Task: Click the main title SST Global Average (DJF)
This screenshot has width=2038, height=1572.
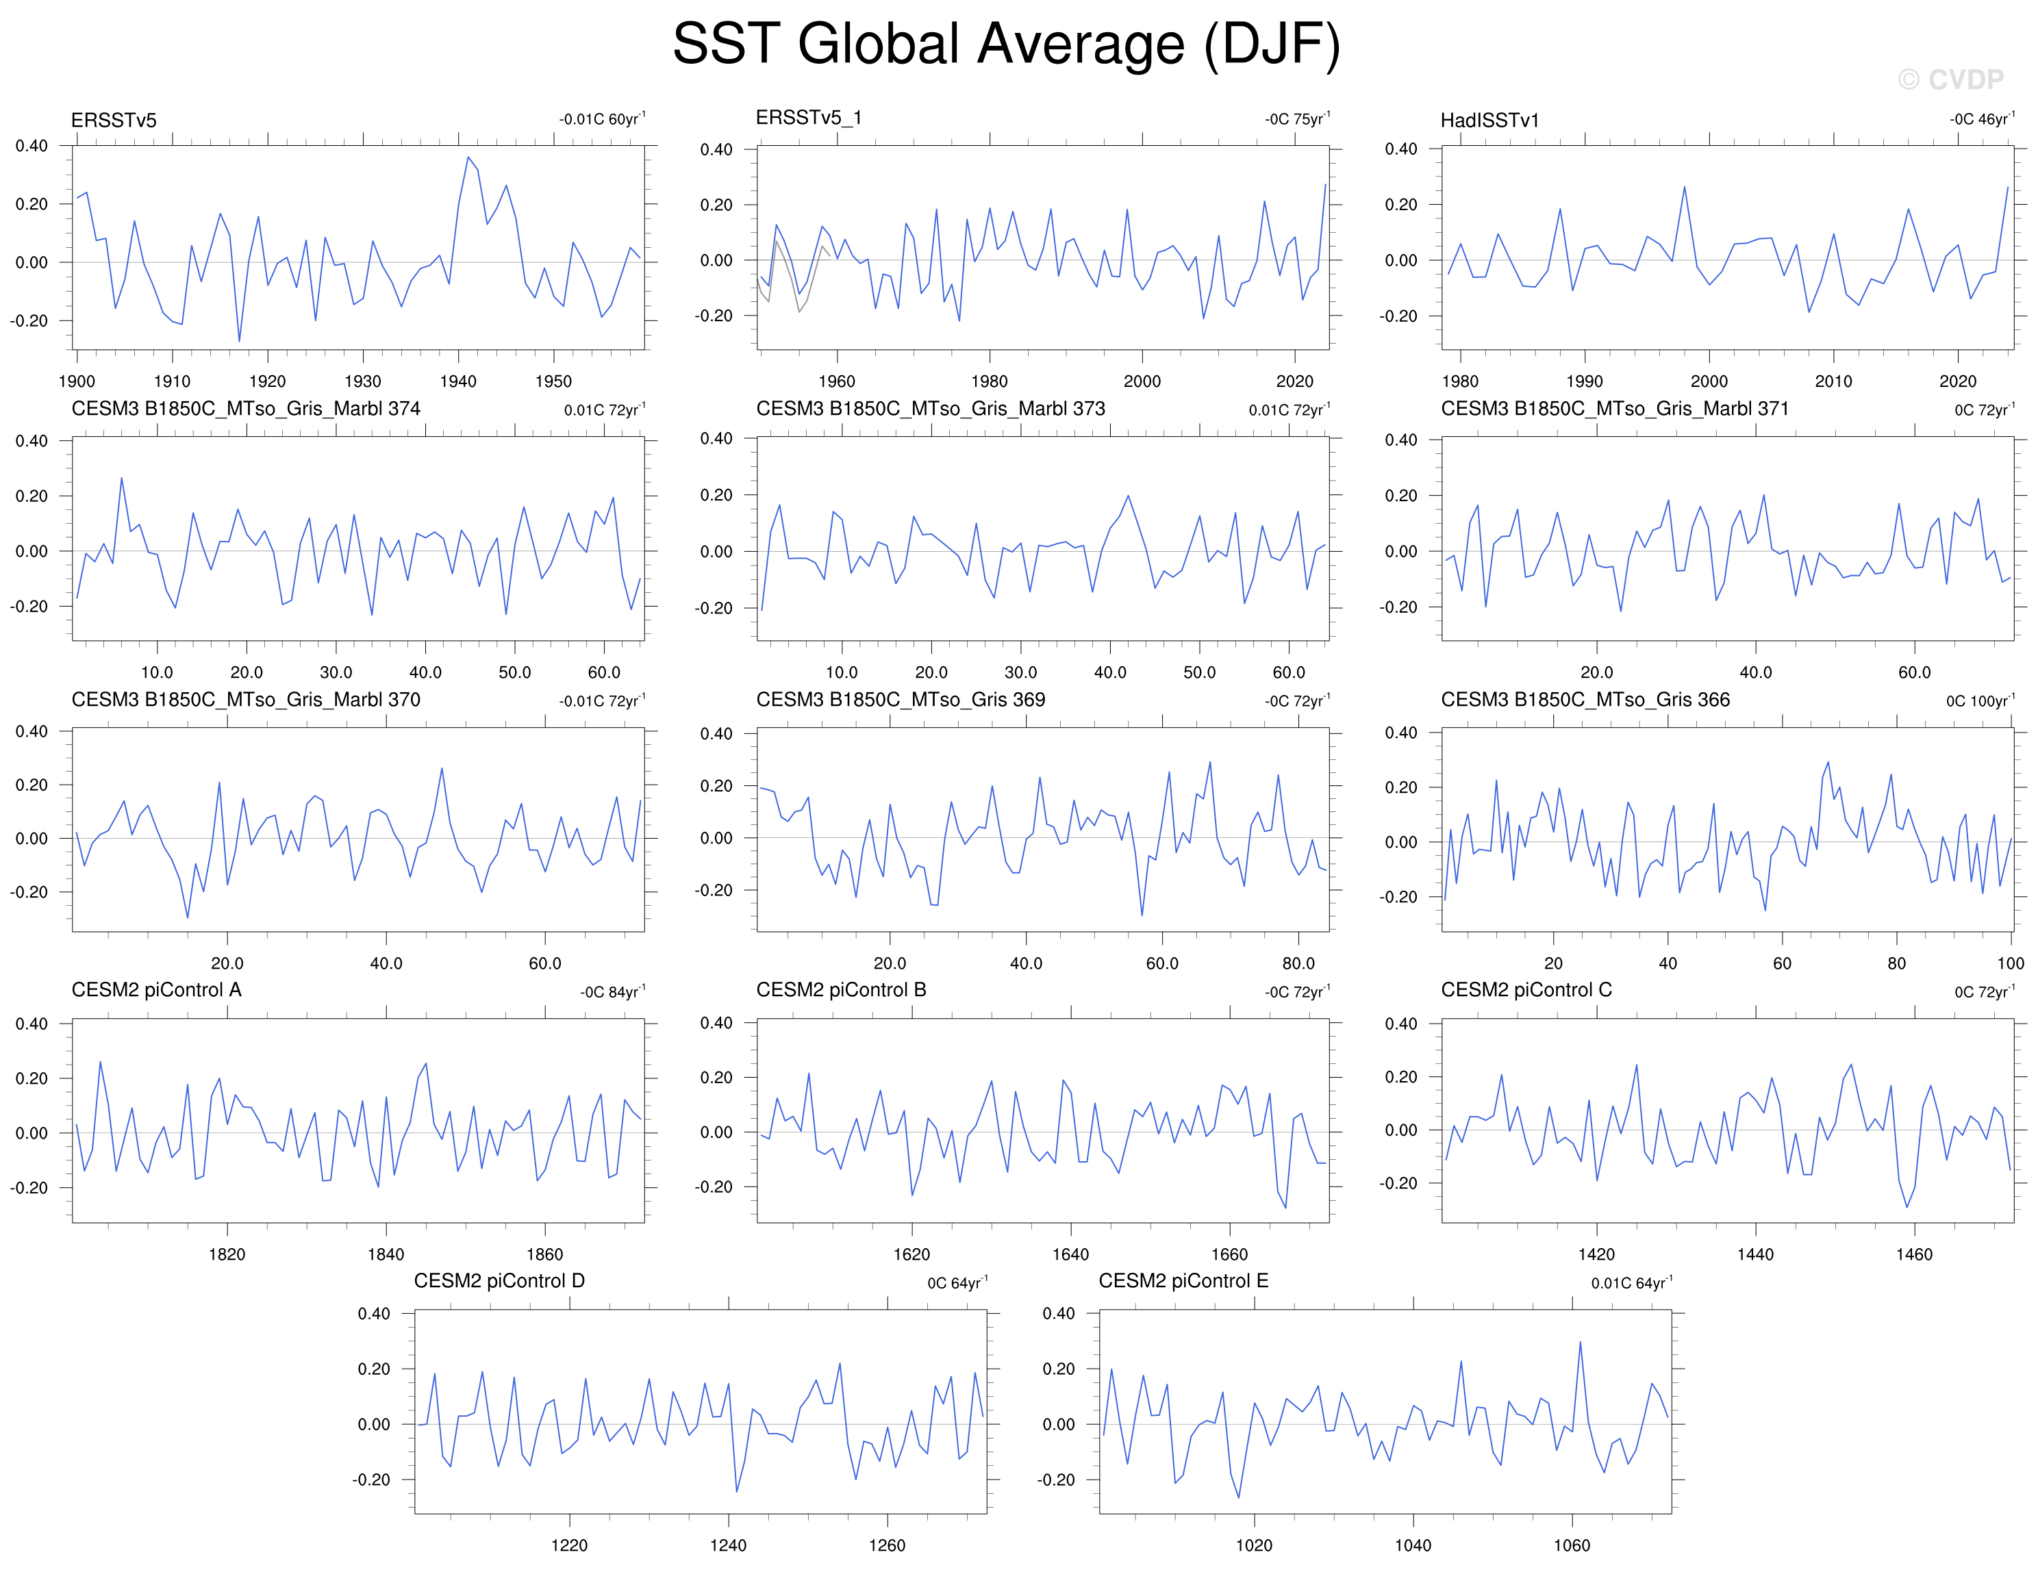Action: (1006, 44)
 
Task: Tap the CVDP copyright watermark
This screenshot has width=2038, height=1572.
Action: (1950, 80)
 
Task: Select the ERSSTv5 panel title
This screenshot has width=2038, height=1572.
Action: (114, 121)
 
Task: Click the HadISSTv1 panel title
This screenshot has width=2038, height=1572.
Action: (1489, 121)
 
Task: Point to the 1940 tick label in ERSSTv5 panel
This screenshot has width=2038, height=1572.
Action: (458, 381)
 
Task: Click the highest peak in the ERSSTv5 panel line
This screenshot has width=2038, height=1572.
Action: (468, 157)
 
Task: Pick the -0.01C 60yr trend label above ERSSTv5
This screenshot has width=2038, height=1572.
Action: (602, 118)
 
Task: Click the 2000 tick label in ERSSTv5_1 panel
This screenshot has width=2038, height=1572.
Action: (1142, 381)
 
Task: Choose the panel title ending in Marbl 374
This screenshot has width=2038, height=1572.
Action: (245, 409)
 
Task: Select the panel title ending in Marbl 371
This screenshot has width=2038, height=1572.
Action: (1614, 409)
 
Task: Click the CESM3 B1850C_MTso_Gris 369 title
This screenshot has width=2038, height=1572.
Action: (901, 700)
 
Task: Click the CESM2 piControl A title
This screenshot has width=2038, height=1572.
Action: (157, 990)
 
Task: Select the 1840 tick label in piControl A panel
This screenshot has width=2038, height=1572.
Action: (386, 1254)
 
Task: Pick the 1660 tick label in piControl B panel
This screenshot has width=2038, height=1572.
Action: (1229, 1254)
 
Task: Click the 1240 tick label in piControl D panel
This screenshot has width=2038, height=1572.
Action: (728, 1545)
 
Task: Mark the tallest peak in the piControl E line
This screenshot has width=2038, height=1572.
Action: (1580, 1343)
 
